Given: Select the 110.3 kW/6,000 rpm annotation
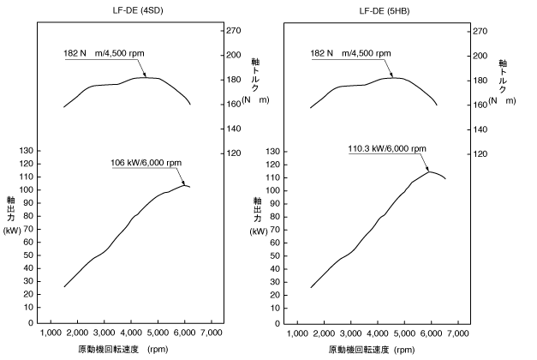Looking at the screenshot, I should pos(388,148).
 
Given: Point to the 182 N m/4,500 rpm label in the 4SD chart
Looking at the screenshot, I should pos(104,53).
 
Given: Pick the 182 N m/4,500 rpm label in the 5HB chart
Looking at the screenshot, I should pos(350,53).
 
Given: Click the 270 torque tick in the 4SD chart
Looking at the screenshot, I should pos(233,30).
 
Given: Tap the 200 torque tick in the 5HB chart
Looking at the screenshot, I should pos(480,55).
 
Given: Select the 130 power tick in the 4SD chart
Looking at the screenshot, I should pos(25,150).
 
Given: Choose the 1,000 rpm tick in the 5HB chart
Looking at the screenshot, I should pos(296,332).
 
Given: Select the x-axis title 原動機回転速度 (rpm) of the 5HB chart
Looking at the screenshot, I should pos(371,350).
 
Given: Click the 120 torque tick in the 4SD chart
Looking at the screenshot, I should pos(233,154).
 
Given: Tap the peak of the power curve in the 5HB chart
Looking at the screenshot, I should pos(430,171).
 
